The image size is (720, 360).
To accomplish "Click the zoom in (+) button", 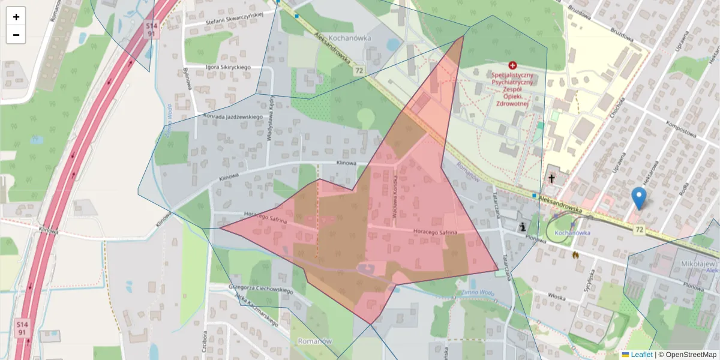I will tap(16, 17).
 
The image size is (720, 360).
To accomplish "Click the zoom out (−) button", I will tap(16, 35).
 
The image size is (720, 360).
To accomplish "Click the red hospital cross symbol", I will tap(512, 65).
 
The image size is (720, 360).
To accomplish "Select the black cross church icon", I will tap(552, 178).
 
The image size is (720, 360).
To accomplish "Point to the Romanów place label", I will tap(314, 341).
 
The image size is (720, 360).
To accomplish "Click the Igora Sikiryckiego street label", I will tap(227, 67).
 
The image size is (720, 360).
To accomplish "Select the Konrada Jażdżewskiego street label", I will tap(233, 116).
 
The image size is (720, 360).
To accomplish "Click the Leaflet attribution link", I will tap(641, 355).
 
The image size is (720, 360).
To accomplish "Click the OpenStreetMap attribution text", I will tap(691, 355).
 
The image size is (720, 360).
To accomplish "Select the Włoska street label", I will tap(557, 295).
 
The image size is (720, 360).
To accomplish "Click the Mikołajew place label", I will tap(700, 263).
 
